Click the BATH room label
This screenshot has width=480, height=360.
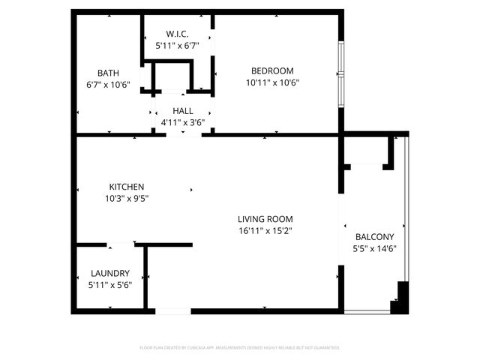[x=108, y=73]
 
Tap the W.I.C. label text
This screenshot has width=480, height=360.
[x=177, y=34]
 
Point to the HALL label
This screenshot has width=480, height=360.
[x=183, y=110]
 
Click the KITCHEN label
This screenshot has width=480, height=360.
[x=127, y=187]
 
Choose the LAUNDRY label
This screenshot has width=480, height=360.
[x=110, y=274]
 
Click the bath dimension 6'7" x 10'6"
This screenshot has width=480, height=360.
[x=108, y=85]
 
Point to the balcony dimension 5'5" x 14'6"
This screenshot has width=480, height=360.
[x=374, y=249]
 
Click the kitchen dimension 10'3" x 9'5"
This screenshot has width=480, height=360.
[x=127, y=199]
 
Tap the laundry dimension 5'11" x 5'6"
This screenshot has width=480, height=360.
[x=110, y=285]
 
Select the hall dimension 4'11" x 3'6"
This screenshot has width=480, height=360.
[x=183, y=122]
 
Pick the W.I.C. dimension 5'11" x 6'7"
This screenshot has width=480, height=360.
[x=177, y=46]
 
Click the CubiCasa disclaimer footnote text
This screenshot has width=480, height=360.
[x=240, y=348]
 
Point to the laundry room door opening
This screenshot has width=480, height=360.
[x=121, y=244]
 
